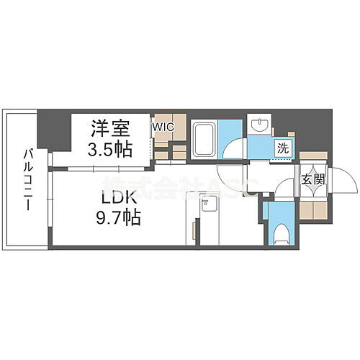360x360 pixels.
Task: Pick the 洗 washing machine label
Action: tap(285, 148)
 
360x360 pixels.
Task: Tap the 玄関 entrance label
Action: tap(312, 179)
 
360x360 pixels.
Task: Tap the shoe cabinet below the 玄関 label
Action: tap(312, 210)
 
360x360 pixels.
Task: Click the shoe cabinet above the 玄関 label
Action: tap(312, 160)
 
